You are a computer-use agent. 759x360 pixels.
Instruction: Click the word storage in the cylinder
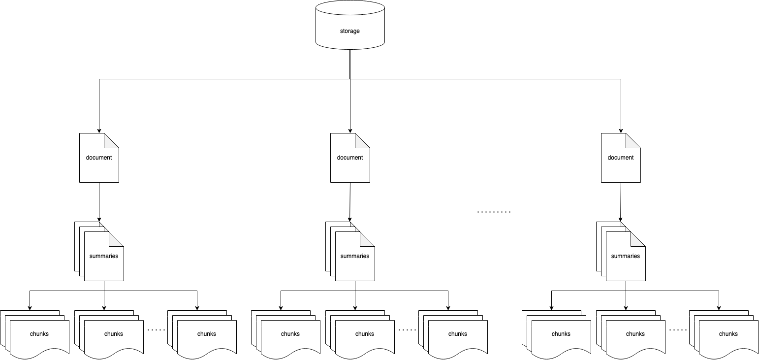click(349, 31)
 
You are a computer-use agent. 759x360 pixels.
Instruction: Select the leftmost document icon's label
click(99, 158)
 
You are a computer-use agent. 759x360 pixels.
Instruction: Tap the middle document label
click(350, 158)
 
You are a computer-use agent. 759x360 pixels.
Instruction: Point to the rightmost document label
click(621, 158)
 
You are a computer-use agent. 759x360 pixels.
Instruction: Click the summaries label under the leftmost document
click(104, 256)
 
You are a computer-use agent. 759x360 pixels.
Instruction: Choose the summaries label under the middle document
click(355, 256)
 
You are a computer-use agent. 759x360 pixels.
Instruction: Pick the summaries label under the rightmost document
click(626, 256)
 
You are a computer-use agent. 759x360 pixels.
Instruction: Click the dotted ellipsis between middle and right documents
click(494, 212)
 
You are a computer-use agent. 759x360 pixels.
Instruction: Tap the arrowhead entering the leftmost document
click(99, 131)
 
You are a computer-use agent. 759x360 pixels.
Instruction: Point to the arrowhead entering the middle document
click(350, 131)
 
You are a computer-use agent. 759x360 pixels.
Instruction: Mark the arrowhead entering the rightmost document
click(621, 131)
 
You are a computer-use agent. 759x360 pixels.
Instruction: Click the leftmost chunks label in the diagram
click(39, 334)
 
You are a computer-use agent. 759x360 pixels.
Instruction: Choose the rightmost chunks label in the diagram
click(728, 334)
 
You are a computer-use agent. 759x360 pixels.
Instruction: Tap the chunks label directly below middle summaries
click(365, 334)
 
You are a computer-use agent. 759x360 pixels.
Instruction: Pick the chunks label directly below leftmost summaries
click(114, 334)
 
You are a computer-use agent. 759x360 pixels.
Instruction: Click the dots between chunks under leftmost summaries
click(157, 329)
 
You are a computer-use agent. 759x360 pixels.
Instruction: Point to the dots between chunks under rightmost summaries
click(678, 329)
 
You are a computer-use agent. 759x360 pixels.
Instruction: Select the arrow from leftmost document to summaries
click(99, 202)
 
